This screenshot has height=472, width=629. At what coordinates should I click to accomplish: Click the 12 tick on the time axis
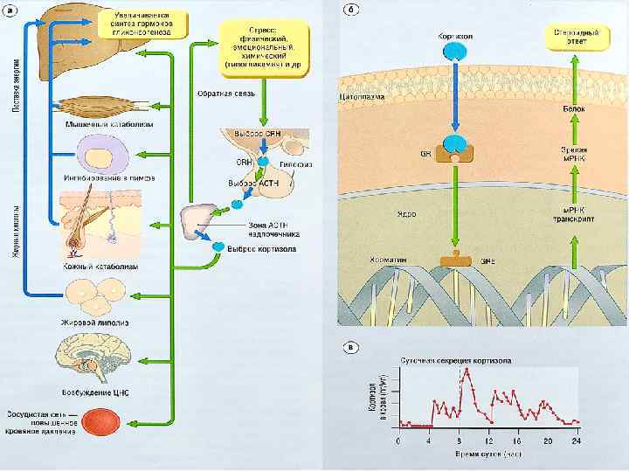pyautogui.click(x=489, y=442)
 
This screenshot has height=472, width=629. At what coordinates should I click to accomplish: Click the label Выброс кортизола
pyautogui.click(x=261, y=249)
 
